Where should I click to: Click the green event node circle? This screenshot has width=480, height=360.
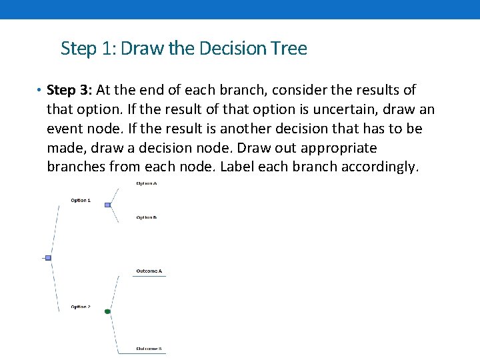(x=107, y=311)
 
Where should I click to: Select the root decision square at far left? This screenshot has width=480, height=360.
(x=48, y=257)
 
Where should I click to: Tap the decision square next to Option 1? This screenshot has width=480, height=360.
(x=107, y=205)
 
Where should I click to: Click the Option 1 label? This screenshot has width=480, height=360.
(x=81, y=200)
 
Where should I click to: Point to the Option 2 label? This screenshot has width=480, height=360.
(x=81, y=307)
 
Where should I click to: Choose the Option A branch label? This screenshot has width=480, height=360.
(x=147, y=183)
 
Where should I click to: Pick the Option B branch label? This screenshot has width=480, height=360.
(x=147, y=217)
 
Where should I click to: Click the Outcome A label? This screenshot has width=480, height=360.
(x=149, y=271)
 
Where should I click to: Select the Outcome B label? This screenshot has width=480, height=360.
(x=149, y=349)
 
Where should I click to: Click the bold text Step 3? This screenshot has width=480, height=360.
(x=70, y=90)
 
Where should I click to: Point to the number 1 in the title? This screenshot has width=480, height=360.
(x=108, y=49)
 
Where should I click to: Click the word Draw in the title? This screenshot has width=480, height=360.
(x=137, y=49)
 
